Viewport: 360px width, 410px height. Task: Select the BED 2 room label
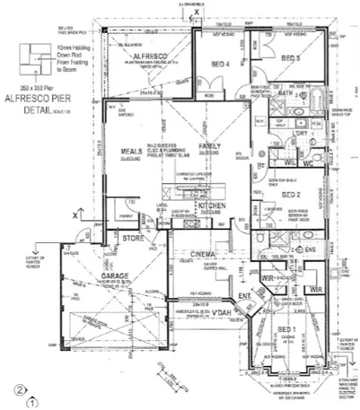292,194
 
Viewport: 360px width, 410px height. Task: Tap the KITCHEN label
211,205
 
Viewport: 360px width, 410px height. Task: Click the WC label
306,163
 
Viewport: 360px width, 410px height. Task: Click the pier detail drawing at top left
36,53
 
